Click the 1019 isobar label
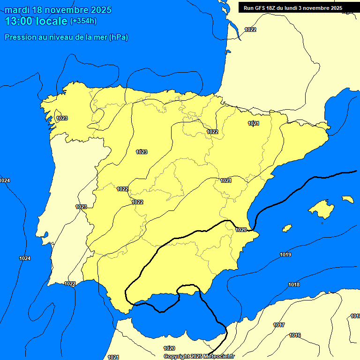click(285, 255)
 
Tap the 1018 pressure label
click(294, 285)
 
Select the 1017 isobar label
click(279, 325)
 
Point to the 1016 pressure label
click(295, 335)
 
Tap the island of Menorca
click(347, 199)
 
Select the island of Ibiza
click(286, 228)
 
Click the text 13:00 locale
click(36, 21)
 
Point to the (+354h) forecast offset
click(83, 21)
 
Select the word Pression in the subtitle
click(19, 37)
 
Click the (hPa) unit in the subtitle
click(118, 37)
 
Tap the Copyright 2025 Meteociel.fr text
click(199, 356)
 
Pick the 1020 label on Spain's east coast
click(241, 230)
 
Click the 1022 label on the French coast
click(250, 30)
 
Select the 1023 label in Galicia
click(62, 118)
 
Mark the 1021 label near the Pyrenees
click(254, 123)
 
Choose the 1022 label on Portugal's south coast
click(70, 284)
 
